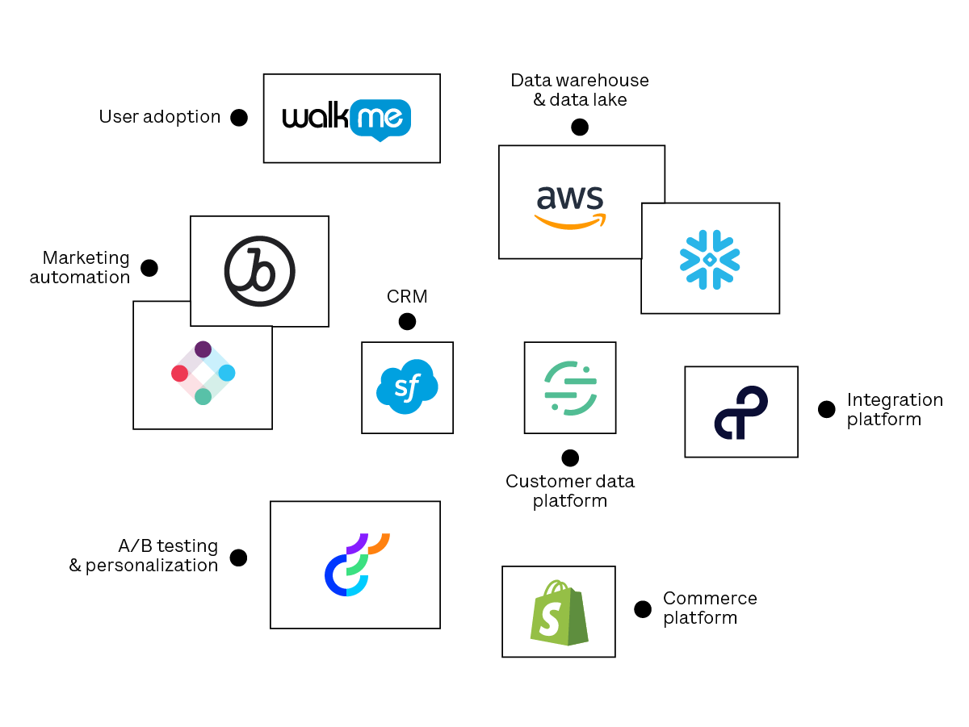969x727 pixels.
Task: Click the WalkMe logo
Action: [347, 119]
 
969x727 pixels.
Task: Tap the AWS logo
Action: [569, 206]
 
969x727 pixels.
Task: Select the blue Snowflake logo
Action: [710, 259]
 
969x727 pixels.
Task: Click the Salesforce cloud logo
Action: [407, 386]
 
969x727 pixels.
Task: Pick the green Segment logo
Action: [570, 388]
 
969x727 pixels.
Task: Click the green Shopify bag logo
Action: [559, 612]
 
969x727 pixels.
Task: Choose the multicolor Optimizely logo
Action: [356, 564]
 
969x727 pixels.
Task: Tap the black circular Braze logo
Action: [259, 271]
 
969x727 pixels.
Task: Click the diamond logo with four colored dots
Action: [203, 373]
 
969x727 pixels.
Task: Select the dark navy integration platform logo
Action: [740, 412]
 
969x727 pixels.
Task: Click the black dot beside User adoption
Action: [239, 118]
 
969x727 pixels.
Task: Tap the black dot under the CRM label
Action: [407, 322]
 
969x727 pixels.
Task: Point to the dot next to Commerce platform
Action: [643, 609]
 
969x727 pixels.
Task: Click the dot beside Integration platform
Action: [826, 409]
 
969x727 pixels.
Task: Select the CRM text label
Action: [407, 297]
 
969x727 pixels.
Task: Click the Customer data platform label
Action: [570, 491]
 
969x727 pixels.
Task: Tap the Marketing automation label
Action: [81, 267]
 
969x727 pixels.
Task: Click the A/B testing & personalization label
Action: [144, 555]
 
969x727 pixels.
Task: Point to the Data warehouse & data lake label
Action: [580, 90]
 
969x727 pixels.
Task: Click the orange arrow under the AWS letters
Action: [569, 220]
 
